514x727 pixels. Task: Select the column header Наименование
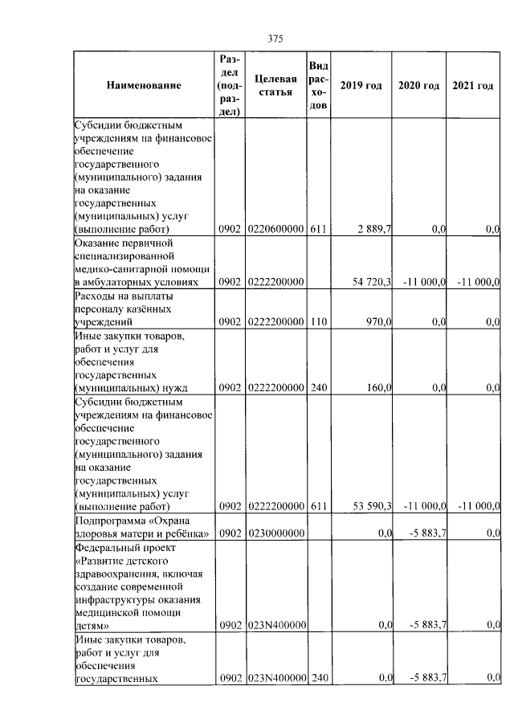(x=144, y=85)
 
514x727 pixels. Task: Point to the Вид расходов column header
(x=318, y=85)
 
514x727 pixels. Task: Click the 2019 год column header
(x=361, y=85)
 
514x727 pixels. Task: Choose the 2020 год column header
(x=418, y=85)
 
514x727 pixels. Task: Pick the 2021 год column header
(x=473, y=85)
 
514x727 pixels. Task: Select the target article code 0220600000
(x=275, y=229)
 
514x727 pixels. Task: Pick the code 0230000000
(x=275, y=533)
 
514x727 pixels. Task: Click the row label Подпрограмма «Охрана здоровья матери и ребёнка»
(x=142, y=527)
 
